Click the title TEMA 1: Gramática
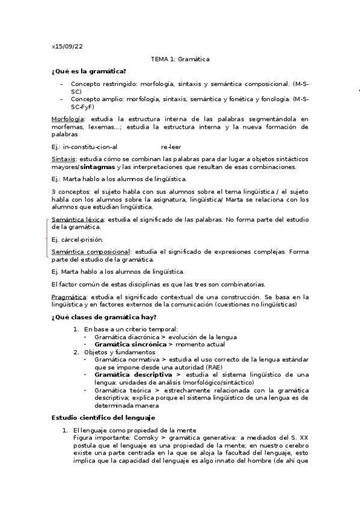[x=180, y=59]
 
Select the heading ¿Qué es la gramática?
[x=88, y=72]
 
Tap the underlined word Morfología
[x=67, y=120]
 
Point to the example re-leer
[x=171, y=146]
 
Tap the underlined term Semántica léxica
[x=78, y=220]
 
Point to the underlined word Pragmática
[x=69, y=296]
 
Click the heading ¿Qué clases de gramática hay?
[x=105, y=317]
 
